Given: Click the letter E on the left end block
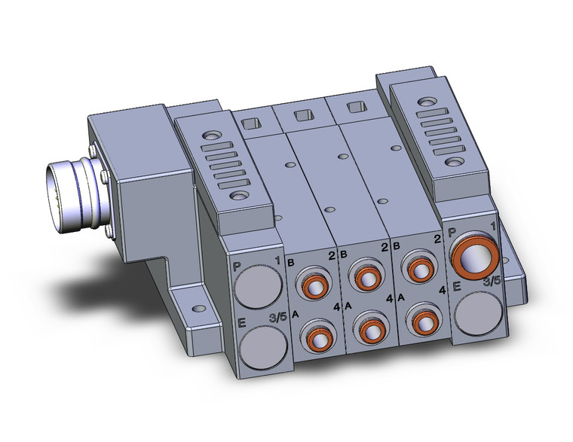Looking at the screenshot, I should coord(242,324).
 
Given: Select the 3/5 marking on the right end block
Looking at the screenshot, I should coord(491,281).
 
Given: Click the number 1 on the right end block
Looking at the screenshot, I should coord(493,227).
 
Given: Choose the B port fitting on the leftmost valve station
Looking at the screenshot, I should coord(311,281).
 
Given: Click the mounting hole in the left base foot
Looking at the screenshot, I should coord(198,309).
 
